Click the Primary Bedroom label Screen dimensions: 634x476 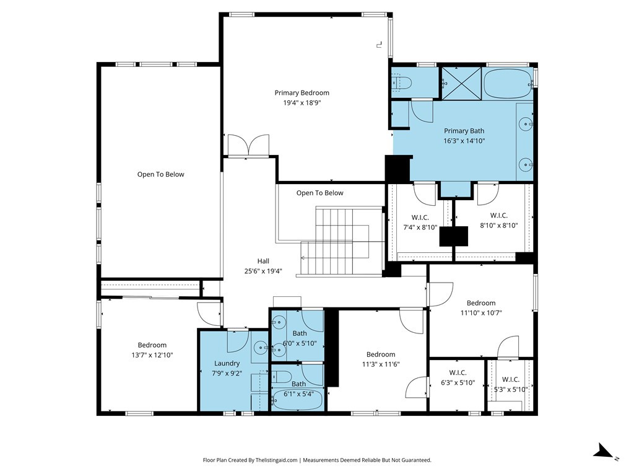coord(302,93)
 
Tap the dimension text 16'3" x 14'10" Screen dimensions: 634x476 coord(464,141)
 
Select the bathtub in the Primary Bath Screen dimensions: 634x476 coord(508,84)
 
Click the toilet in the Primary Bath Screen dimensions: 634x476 coord(401,83)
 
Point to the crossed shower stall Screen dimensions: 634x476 coord(461,83)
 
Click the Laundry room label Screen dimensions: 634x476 coord(227,363)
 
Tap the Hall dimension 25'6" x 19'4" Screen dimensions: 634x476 coord(263,271)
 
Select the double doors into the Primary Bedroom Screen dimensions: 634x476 coord(248,144)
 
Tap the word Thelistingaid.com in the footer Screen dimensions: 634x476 coord(276,461)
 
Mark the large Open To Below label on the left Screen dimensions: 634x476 coord(161,174)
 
